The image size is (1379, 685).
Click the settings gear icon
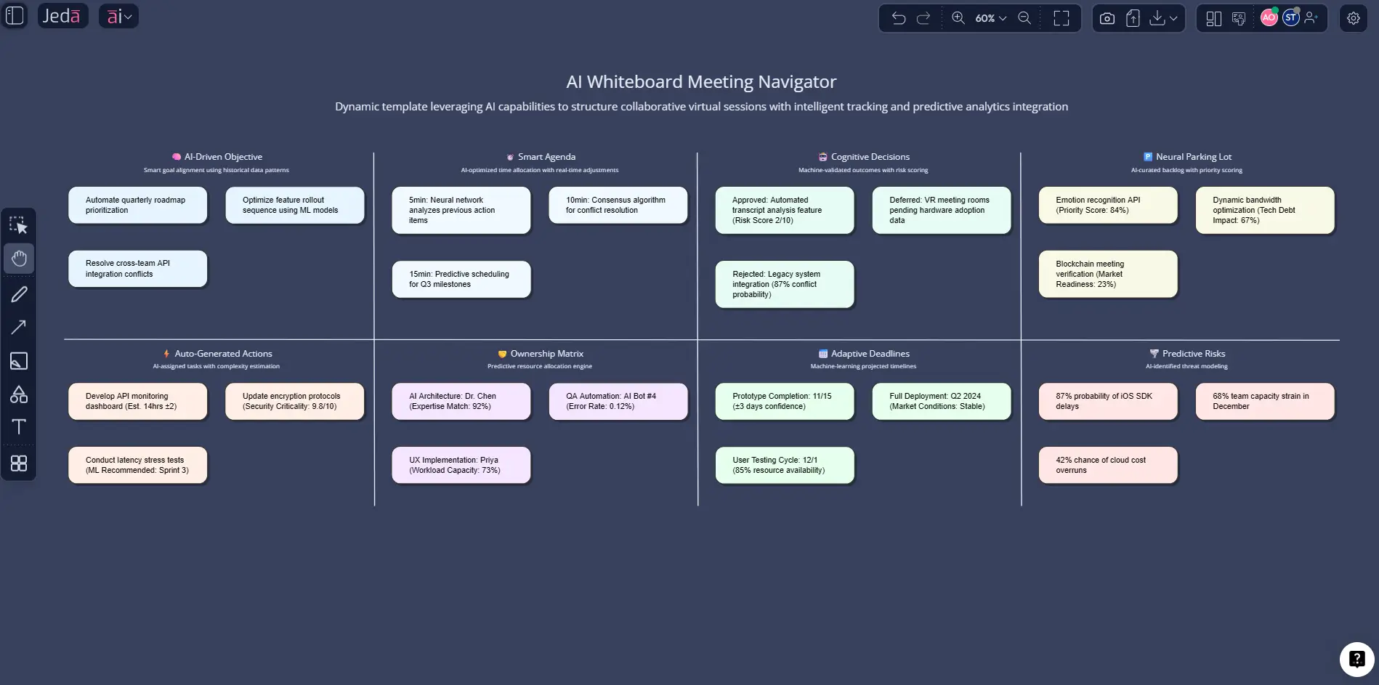tap(1353, 18)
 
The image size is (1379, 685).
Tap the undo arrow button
tap(899, 18)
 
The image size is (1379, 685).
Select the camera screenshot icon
tap(1107, 18)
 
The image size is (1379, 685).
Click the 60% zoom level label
tap(985, 18)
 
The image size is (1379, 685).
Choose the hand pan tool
tap(19, 259)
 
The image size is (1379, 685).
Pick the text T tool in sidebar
tap(19, 426)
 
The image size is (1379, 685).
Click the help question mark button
tap(1356, 659)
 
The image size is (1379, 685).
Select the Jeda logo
tap(62, 16)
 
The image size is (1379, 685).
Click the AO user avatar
tap(1269, 18)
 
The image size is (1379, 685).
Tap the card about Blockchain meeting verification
tap(1107, 274)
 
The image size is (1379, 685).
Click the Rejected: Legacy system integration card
tap(784, 284)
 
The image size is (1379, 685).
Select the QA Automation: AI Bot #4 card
tap(618, 401)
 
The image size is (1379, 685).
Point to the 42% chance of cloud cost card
tap(1107, 465)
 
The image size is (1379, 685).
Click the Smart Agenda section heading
tap(546, 157)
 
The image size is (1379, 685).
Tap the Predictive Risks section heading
tap(1193, 354)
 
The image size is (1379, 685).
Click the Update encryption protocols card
tap(294, 401)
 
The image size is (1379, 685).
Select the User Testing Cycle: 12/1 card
tap(784, 465)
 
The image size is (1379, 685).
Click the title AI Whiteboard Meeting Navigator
tap(701, 81)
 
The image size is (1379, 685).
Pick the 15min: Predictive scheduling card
tap(461, 279)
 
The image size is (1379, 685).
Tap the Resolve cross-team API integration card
tap(137, 269)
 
